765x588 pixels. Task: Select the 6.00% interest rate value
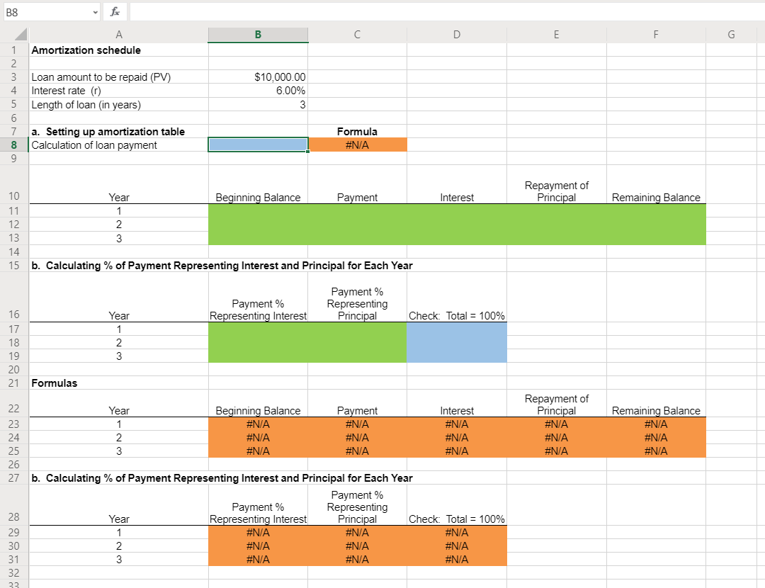[290, 91]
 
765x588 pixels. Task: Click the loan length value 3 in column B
[302, 105]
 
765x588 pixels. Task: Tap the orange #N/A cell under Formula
[357, 145]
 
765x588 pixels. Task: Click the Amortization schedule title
[86, 50]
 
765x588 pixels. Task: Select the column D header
[456, 34]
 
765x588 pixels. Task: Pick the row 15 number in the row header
[14, 266]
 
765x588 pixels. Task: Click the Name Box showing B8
[50, 11]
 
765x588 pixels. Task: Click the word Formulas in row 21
[55, 383]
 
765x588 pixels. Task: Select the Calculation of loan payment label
[94, 145]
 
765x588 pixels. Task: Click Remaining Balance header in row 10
[656, 198]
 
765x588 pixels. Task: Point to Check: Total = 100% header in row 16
[456, 316]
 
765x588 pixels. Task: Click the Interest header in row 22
[457, 411]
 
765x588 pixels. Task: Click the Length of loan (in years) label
[86, 105]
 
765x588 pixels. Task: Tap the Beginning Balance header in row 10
[258, 198]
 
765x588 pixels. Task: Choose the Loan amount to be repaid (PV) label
[101, 77]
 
